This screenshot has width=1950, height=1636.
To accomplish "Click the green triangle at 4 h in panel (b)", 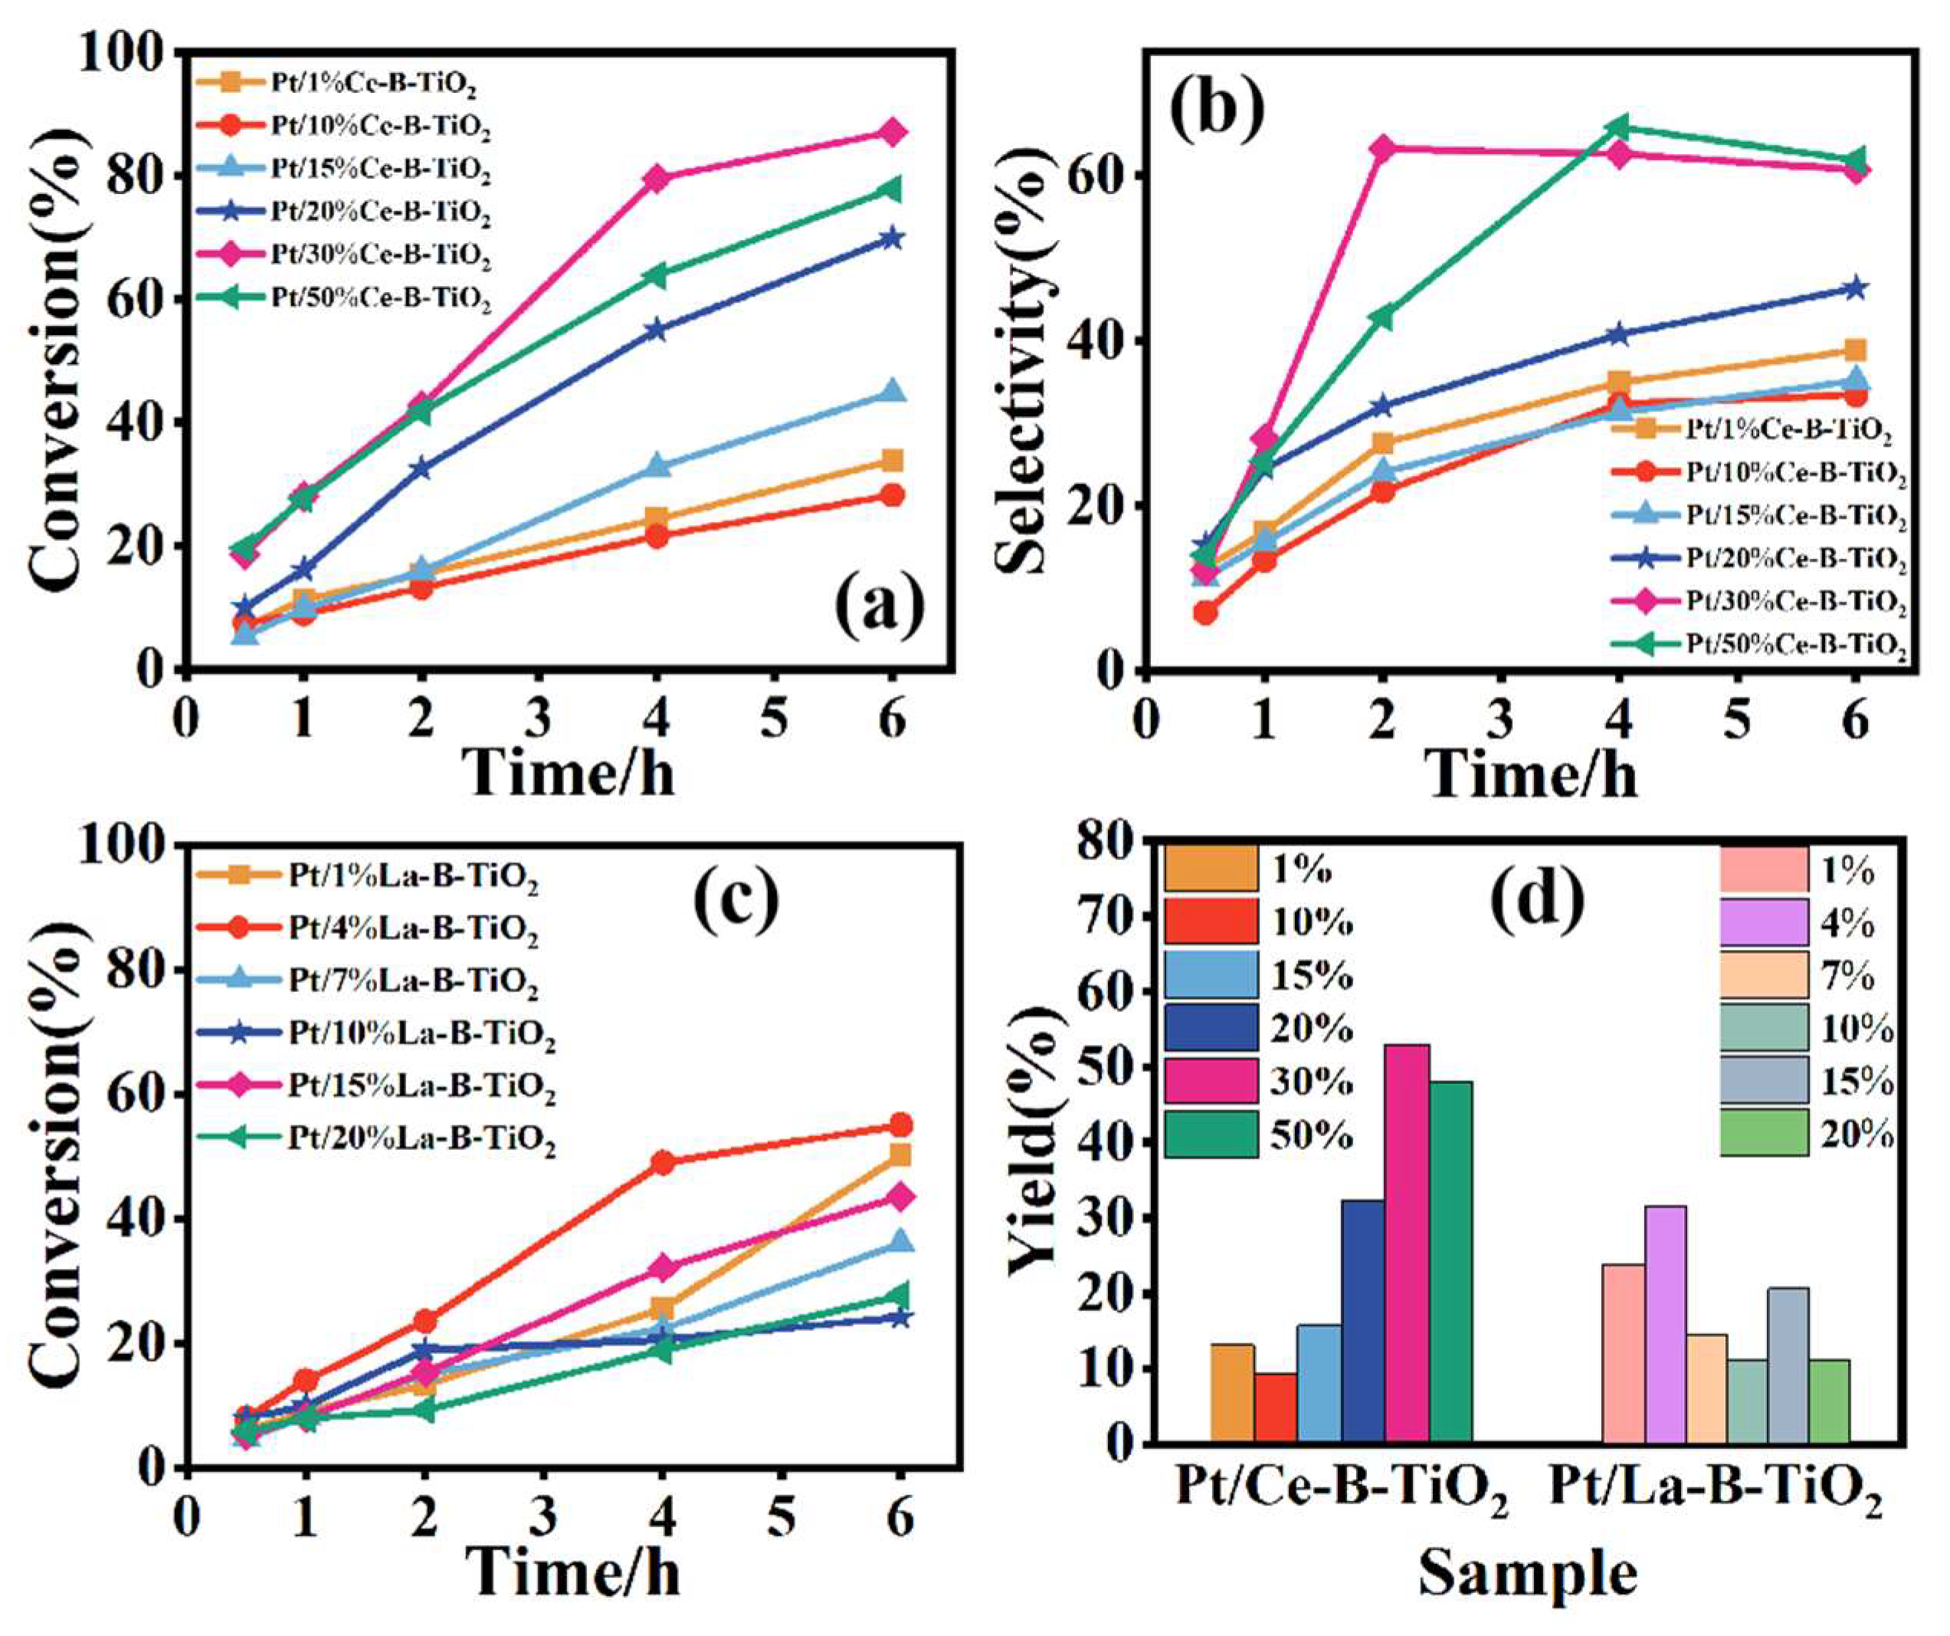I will (x=1620, y=126).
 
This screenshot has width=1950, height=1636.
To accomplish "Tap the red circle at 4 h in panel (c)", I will (x=663, y=1162).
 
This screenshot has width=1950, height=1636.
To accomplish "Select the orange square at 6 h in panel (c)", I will (x=899, y=1155).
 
